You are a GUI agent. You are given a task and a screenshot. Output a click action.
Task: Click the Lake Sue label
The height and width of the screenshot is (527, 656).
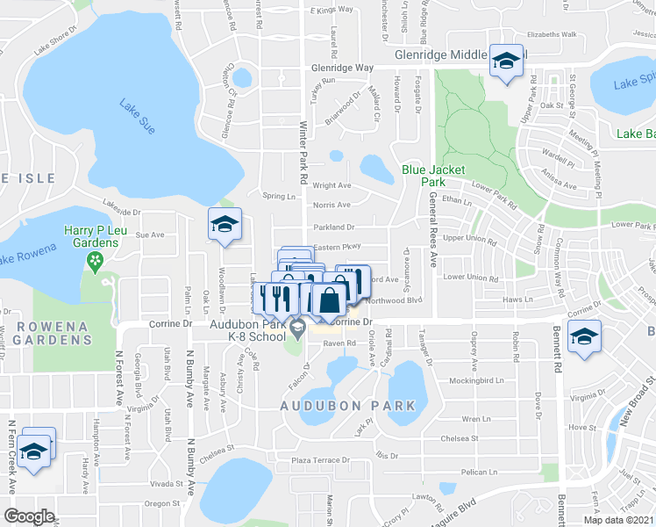coord(138,117)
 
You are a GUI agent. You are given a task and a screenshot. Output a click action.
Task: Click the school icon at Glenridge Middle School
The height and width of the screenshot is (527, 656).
coord(506,61)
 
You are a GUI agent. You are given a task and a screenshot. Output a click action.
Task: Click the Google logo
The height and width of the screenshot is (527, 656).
coord(29,516)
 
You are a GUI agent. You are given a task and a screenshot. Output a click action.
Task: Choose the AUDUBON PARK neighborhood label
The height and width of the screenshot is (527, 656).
coord(347,406)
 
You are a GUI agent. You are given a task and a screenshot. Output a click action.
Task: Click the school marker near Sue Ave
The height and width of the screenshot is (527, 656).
coord(224,224)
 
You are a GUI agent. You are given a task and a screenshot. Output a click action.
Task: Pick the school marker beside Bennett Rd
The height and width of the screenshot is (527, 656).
coord(583,336)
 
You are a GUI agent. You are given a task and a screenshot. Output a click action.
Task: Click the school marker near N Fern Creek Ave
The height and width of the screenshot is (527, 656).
coord(34,451)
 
